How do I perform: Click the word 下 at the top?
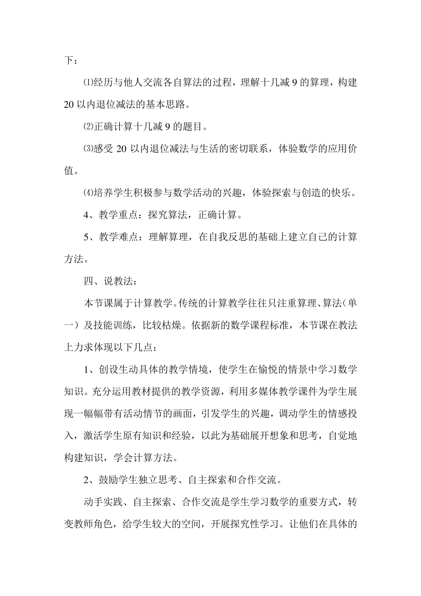point(68,61)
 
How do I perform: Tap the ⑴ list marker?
point(89,83)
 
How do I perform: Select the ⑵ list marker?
point(89,127)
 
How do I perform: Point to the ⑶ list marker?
point(89,149)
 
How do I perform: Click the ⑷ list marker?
point(89,193)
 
